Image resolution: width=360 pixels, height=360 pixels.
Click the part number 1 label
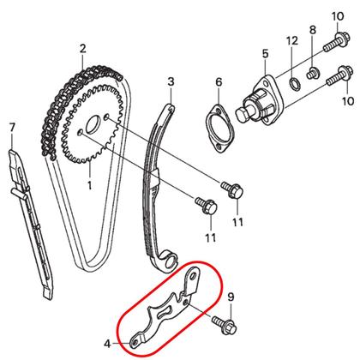point(89,185)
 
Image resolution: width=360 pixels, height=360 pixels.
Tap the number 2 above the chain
point(82,49)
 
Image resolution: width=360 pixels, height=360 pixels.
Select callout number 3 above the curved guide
point(171,81)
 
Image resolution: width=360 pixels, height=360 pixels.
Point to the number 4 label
point(107,344)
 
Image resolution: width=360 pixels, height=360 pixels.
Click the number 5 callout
point(266,53)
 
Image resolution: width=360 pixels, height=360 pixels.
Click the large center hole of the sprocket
point(93,124)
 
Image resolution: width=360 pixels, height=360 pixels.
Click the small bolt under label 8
point(312,74)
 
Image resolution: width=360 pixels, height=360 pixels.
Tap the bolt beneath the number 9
point(225,325)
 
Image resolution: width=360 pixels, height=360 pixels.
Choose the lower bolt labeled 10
point(338,75)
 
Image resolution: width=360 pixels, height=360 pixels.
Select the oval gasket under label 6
point(220,128)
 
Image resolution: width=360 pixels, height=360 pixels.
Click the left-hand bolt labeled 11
point(207,206)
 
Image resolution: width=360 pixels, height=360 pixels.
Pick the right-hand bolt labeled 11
point(232,189)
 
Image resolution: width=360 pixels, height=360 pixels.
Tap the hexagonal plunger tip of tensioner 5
point(243,113)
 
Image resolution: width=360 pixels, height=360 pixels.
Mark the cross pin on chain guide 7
point(20,190)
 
